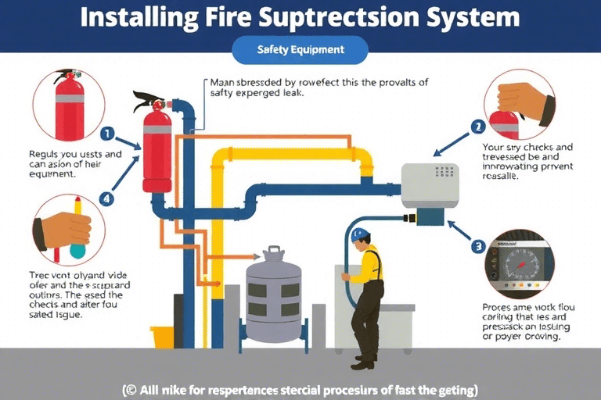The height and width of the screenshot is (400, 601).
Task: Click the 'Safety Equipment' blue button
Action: click(x=300, y=51)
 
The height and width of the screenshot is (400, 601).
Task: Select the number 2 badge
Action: click(x=477, y=126)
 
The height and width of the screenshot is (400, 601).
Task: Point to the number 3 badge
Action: click(x=477, y=247)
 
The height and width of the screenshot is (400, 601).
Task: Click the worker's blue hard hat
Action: click(x=360, y=233)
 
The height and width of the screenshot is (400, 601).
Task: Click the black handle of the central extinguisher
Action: click(x=149, y=101)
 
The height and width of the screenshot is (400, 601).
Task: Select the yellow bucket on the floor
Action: click(x=162, y=337)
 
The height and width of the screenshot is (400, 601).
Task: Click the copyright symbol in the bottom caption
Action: click(x=130, y=389)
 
